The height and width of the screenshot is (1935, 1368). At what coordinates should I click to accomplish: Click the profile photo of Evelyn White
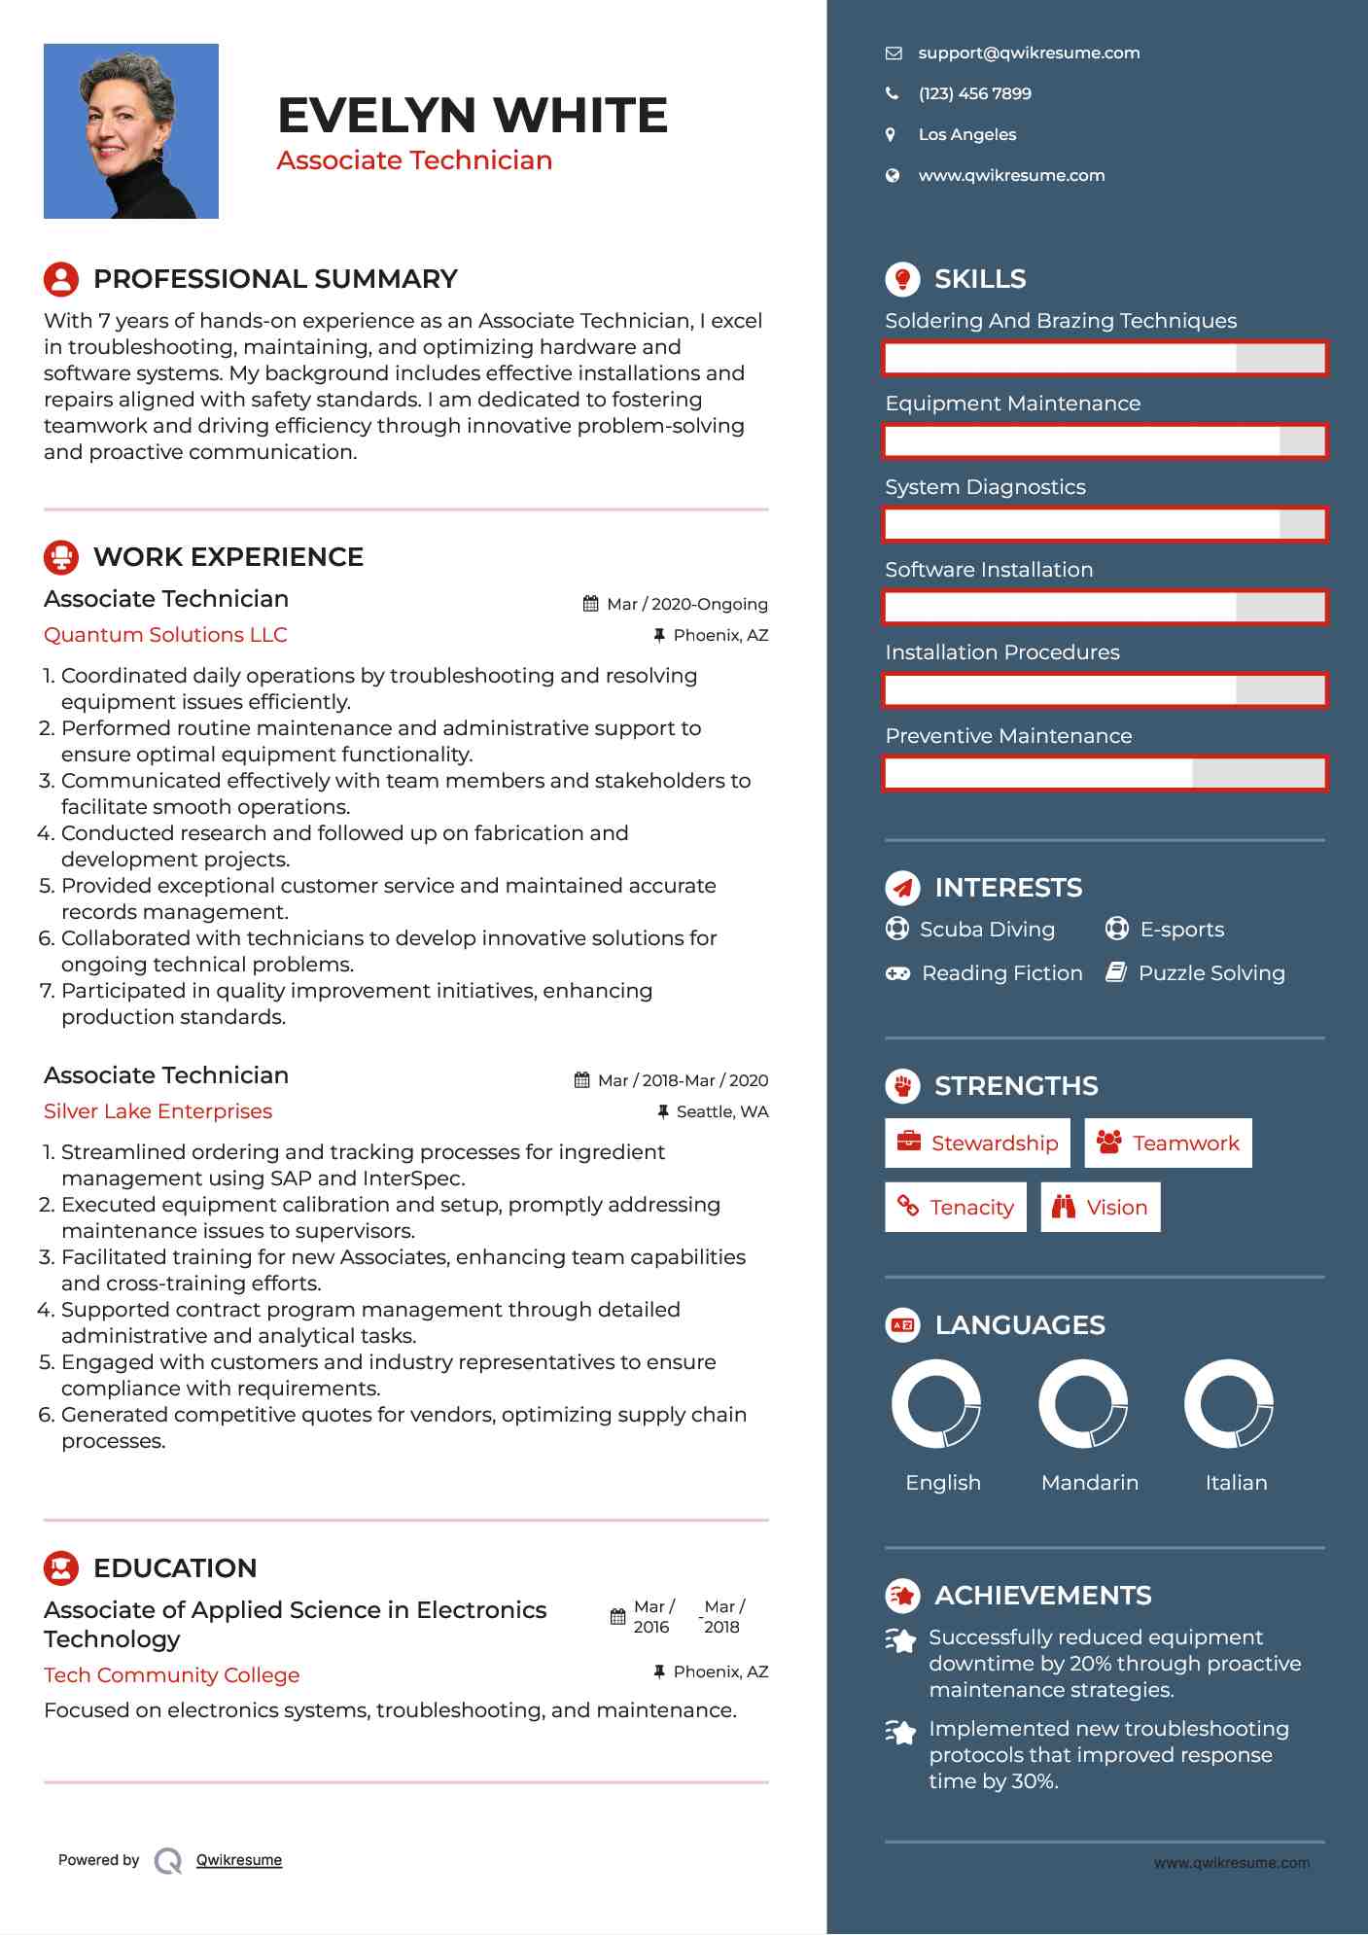click(x=131, y=131)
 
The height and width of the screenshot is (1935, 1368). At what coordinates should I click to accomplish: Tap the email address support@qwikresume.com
click(x=1029, y=53)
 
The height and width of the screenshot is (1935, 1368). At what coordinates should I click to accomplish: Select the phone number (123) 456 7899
click(x=974, y=94)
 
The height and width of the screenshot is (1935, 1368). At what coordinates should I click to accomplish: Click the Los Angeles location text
click(x=966, y=135)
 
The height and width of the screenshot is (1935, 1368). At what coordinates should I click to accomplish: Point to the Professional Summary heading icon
click(x=61, y=279)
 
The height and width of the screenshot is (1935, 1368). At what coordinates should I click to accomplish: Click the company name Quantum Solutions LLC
click(x=165, y=635)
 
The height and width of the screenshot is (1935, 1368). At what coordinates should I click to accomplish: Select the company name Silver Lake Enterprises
click(x=158, y=1111)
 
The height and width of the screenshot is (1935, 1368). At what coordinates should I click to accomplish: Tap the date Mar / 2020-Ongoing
click(x=686, y=604)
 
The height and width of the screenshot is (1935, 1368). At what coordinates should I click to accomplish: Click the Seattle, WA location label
click(x=721, y=1111)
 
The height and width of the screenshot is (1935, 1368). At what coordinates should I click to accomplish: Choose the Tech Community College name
click(x=171, y=1675)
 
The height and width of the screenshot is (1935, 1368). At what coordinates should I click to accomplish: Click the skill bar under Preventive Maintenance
click(x=1105, y=774)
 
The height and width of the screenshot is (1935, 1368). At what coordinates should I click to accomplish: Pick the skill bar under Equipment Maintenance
click(x=1105, y=441)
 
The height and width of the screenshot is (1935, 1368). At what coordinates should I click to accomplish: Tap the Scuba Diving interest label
click(x=987, y=930)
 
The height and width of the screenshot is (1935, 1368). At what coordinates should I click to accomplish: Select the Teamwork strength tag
click(x=1168, y=1143)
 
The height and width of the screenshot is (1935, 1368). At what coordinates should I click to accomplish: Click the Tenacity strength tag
click(x=955, y=1208)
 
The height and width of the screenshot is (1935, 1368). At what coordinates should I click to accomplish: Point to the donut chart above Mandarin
click(x=1083, y=1404)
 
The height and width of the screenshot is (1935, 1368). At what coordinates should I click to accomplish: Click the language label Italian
click(x=1236, y=1483)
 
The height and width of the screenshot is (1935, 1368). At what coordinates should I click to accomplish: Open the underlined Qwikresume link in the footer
click(x=239, y=1860)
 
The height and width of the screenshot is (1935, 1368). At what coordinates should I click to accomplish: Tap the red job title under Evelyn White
click(x=414, y=160)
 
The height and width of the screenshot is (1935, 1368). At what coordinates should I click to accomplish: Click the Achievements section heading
click(x=1042, y=1596)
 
